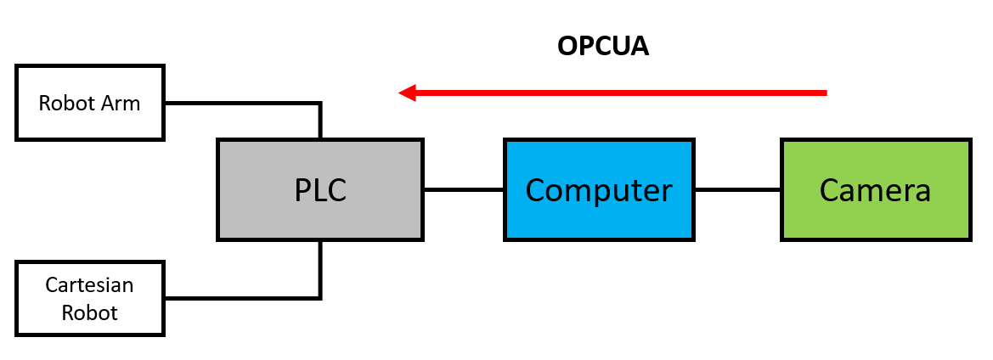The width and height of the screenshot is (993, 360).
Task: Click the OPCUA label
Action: pos(603,46)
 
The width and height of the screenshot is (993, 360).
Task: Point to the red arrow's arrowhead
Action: pos(406,92)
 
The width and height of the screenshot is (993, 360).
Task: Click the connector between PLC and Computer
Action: pos(463,189)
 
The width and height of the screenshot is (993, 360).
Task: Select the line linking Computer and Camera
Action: pos(736,189)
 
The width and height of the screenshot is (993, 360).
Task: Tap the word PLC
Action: pos(320,190)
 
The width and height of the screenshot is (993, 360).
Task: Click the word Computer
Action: pos(599,190)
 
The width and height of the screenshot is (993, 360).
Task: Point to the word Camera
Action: pos(875,190)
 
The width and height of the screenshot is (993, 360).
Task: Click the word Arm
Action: pos(122,104)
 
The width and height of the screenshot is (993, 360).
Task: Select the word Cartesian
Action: pos(90,284)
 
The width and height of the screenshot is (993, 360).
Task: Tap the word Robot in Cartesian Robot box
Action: pos(90,312)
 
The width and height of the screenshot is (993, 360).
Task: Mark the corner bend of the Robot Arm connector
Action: pos(320,104)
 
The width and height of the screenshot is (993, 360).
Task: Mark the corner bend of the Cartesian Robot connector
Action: pos(320,297)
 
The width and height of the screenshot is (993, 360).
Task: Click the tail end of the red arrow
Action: pos(824,92)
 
